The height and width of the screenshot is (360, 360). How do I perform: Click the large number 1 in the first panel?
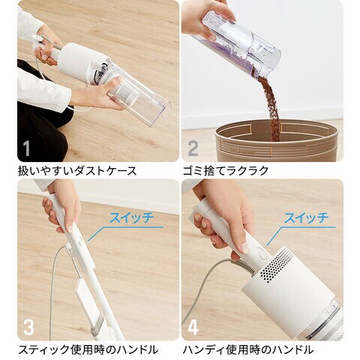click(x=26, y=149)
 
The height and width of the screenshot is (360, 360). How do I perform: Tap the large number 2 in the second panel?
click(x=193, y=149)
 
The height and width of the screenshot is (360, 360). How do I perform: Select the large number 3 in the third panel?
click(x=28, y=327)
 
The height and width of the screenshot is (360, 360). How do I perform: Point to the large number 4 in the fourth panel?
click(x=193, y=327)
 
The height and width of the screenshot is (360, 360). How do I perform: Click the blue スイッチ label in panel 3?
click(x=131, y=217)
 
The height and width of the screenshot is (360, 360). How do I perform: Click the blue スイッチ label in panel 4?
click(x=306, y=217)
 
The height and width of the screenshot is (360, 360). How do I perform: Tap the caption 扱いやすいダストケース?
click(x=77, y=171)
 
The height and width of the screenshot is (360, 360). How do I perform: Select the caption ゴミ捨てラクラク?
click(x=226, y=171)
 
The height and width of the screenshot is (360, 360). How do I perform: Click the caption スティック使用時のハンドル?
click(x=88, y=349)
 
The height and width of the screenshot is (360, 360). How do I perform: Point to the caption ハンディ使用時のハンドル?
click(x=248, y=349)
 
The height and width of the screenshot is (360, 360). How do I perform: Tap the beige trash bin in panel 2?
click(x=279, y=140)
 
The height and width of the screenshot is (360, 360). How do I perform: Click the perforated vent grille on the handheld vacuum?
click(x=275, y=264)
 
